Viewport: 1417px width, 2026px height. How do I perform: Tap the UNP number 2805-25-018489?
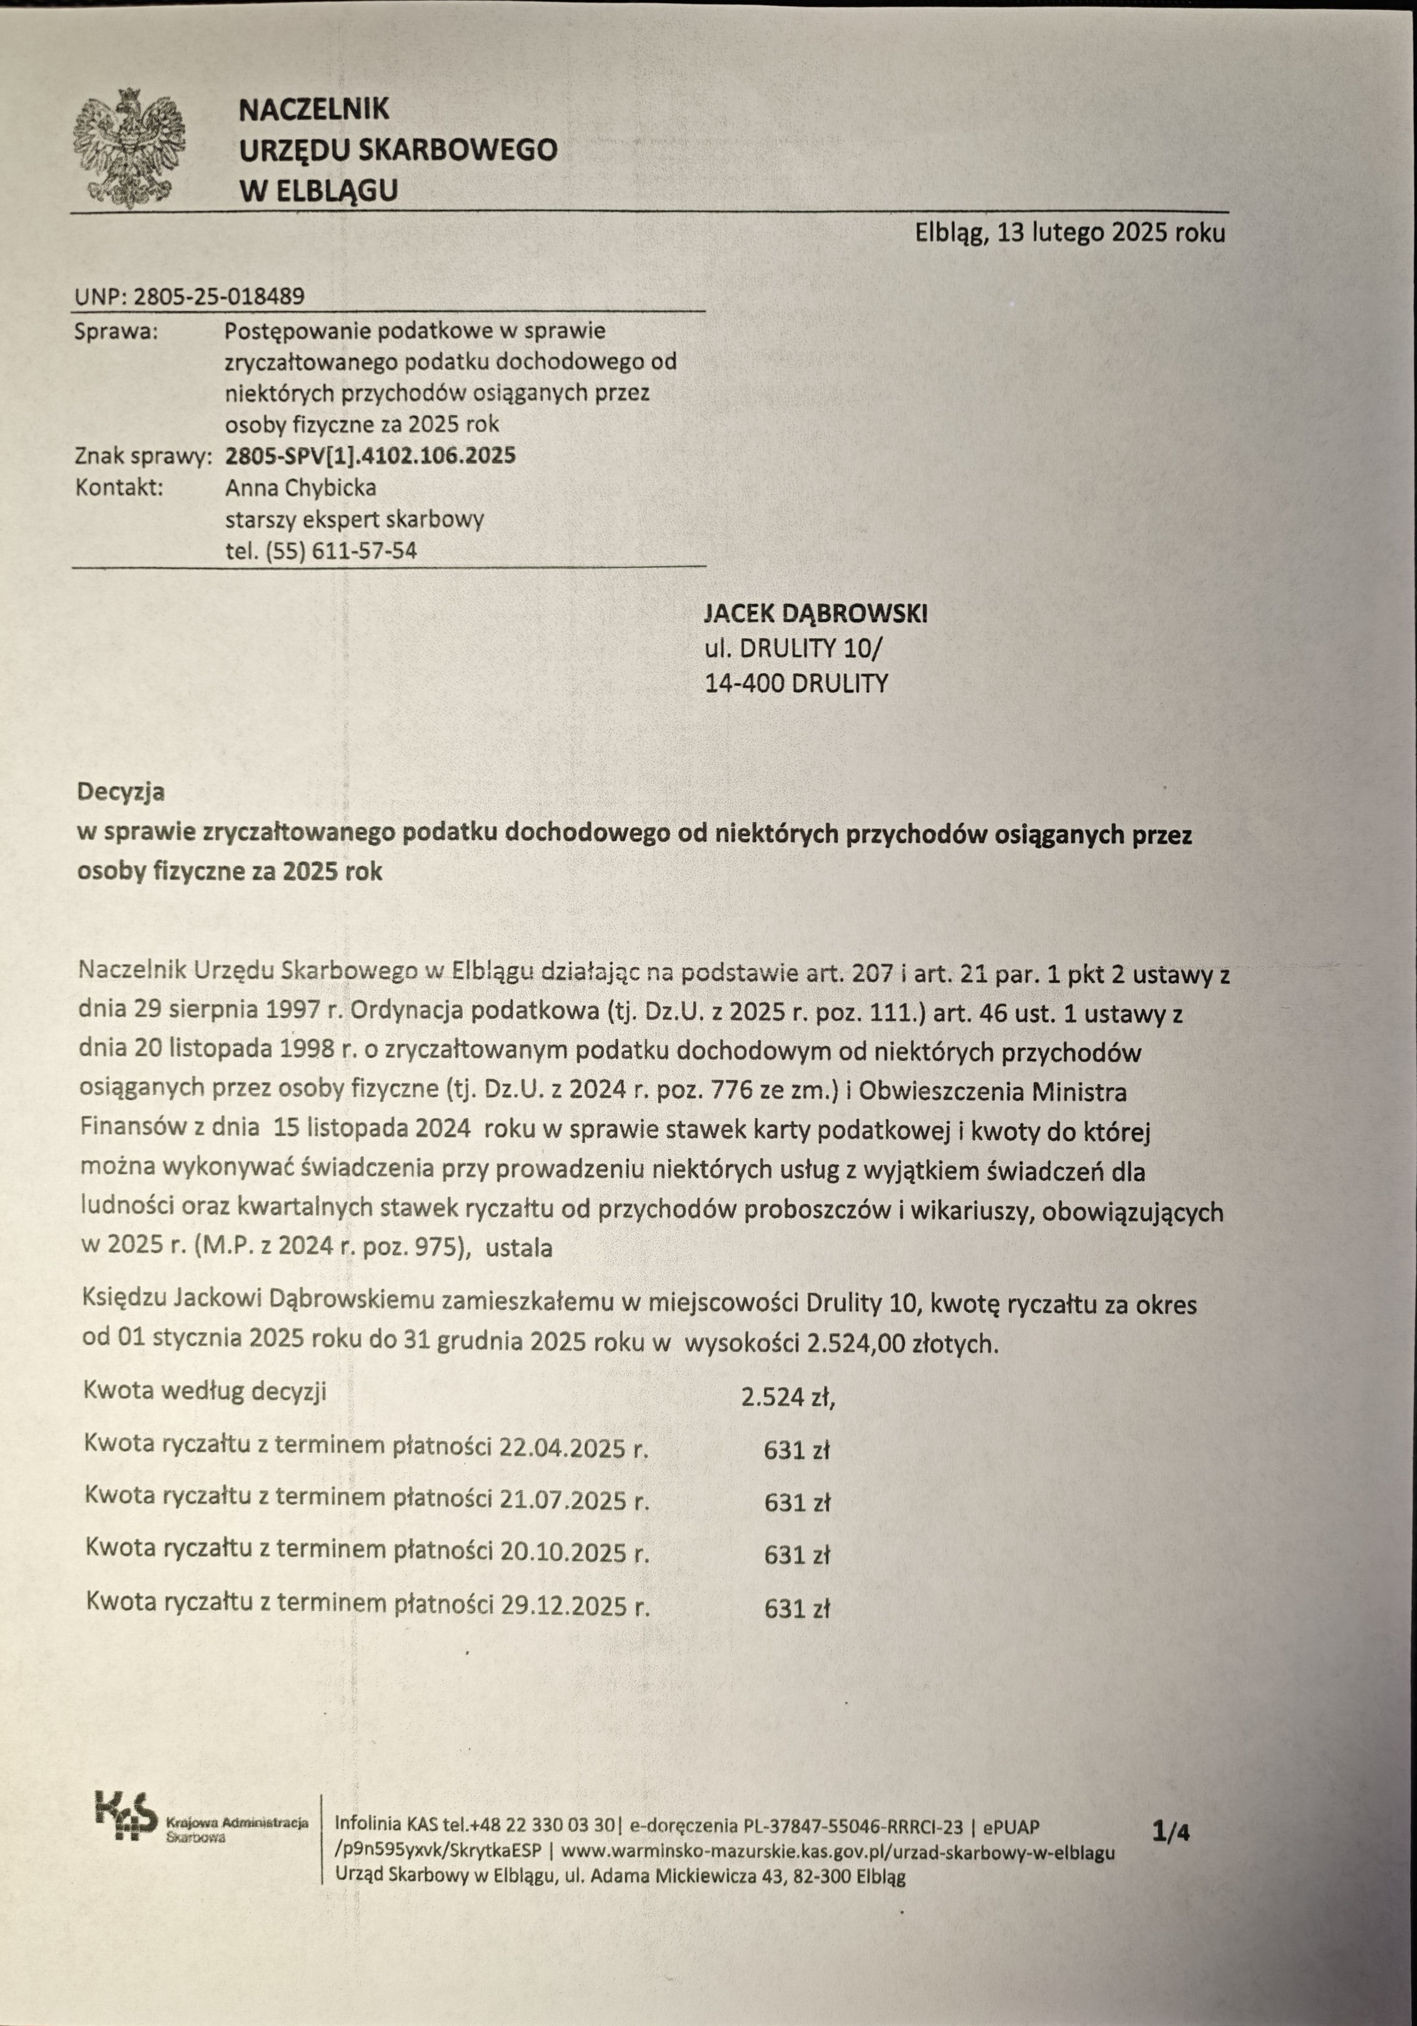click(x=218, y=297)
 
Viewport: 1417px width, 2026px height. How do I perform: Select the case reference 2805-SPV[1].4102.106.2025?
click(x=370, y=456)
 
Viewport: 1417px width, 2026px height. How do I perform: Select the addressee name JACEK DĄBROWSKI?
click(x=816, y=614)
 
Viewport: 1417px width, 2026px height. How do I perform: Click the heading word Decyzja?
click(x=121, y=792)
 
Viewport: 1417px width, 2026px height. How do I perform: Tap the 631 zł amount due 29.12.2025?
click(x=797, y=1608)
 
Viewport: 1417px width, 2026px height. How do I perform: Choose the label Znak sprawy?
click(x=144, y=457)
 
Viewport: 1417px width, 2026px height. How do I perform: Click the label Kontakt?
click(x=120, y=488)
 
